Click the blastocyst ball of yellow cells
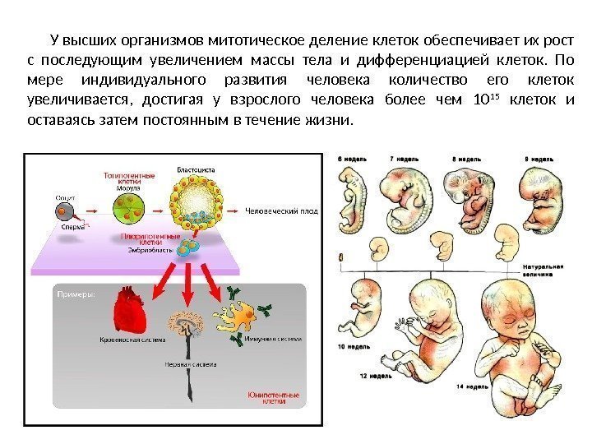pos(197,201)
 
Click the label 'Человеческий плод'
pos(282,210)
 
